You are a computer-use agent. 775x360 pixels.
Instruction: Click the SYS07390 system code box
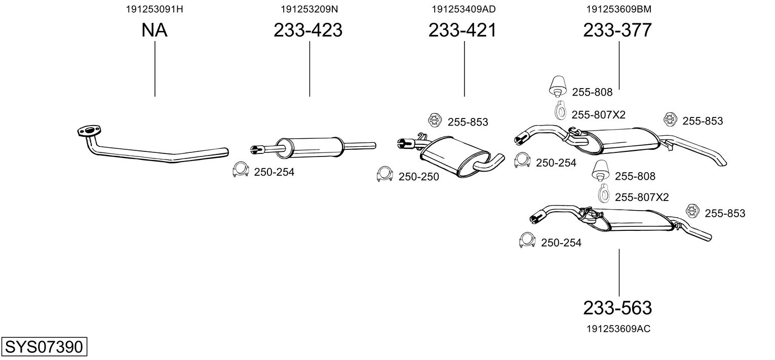click(x=44, y=346)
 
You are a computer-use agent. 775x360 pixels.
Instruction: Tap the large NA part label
click(x=154, y=30)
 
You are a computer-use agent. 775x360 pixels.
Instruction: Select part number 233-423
click(x=308, y=30)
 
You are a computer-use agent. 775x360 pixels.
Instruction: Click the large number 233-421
click(x=462, y=30)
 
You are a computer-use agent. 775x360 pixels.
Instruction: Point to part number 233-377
click(x=617, y=30)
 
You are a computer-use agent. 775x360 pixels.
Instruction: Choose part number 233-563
click(x=617, y=308)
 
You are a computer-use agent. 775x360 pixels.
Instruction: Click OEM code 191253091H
click(x=154, y=9)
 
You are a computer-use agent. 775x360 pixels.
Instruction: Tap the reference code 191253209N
click(x=309, y=9)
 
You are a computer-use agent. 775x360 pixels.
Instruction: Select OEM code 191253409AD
click(x=463, y=9)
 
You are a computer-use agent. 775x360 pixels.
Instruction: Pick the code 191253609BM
click(x=618, y=9)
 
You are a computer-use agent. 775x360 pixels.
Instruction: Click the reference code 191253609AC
click(x=618, y=329)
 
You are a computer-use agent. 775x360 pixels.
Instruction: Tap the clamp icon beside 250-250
click(x=385, y=174)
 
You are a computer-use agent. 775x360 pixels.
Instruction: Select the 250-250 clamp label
click(x=418, y=177)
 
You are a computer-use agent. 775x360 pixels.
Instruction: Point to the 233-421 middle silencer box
click(x=454, y=156)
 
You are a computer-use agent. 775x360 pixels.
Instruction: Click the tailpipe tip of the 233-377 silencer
click(x=722, y=163)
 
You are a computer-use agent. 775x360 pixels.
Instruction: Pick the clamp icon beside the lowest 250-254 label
click(x=527, y=240)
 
